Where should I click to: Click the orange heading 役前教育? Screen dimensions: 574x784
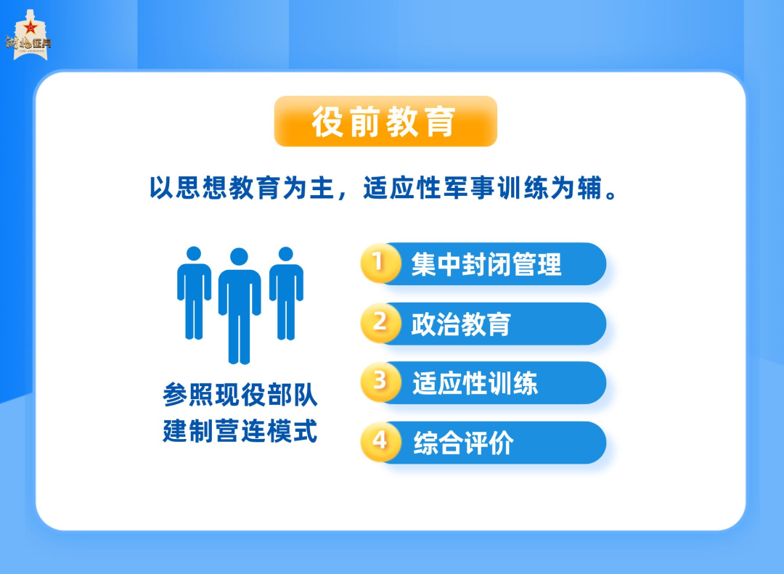385,122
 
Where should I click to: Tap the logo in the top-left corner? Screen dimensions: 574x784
29,36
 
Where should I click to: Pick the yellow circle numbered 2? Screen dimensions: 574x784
380,323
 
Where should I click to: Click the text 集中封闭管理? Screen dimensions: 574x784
486,264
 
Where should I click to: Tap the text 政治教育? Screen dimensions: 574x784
461,324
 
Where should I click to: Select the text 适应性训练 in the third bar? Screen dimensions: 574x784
475,383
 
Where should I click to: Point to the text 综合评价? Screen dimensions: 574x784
462,443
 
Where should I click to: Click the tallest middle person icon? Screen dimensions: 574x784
240,308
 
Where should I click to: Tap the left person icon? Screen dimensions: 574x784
194,294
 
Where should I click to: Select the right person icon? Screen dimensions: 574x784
286,294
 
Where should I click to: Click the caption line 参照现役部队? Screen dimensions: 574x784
240,397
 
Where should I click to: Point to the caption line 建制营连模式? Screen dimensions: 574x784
240,432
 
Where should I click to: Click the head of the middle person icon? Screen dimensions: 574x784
239,257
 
